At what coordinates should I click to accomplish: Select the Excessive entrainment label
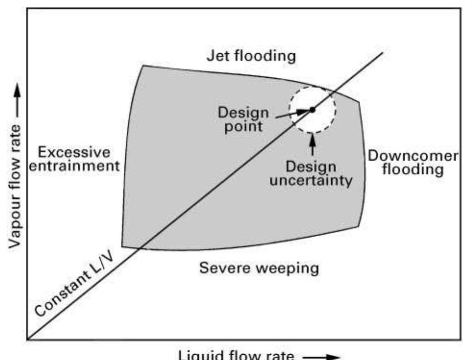point(78,160)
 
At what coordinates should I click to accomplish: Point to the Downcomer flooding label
point(413,163)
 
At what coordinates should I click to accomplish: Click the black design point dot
point(312,109)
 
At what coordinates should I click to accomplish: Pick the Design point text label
point(243,120)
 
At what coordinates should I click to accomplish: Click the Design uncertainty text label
point(311,173)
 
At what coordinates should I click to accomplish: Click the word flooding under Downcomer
point(413,170)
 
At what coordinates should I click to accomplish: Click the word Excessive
point(74,153)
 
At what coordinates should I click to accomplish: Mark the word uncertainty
point(311,181)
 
